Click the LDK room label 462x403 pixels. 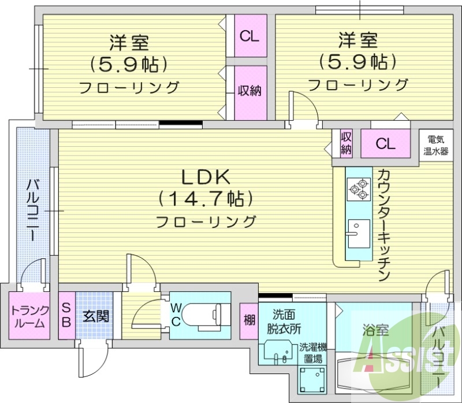pos(207,176)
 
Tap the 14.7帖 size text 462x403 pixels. pos(207,199)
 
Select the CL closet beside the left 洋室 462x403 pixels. pos(249,36)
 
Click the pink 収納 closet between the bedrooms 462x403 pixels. pos(249,91)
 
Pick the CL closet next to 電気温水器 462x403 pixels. pos(385,144)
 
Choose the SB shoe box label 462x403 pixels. pos(66,316)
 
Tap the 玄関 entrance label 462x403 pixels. pos(92,316)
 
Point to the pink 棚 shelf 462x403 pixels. pos(249,319)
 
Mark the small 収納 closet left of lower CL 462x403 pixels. pos(346,143)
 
